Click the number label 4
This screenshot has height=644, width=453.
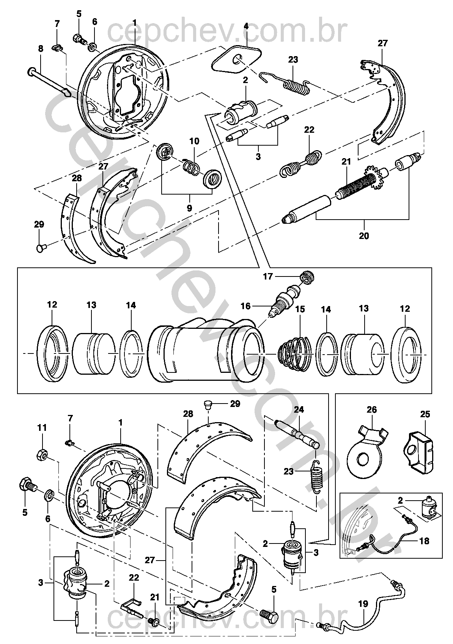[x=246, y=26]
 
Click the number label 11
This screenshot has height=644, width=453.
[x=42, y=427]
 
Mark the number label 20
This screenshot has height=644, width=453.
[x=363, y=236]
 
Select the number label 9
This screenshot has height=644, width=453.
[x=189, y=208]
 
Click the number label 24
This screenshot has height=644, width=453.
[x=299, y=410]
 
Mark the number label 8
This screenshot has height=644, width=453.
[x=41, y=49]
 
